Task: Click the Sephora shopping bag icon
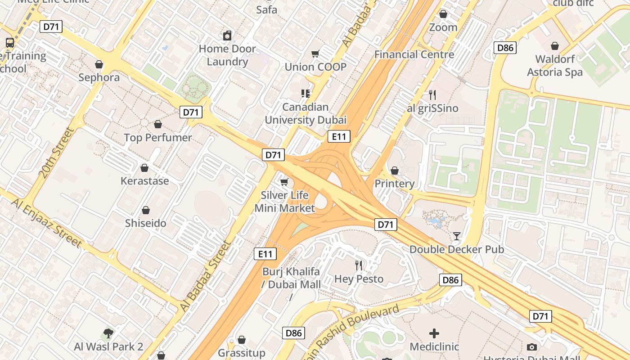click(99, 65)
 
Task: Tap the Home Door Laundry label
click(227, 55)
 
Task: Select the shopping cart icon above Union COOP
click(315, 54)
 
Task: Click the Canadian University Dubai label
click(306, 113)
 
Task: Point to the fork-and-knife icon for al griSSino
click(432, 95)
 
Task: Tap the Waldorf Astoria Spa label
click(554, 66)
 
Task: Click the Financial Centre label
click(414, 54)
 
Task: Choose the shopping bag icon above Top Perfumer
click(158, 124)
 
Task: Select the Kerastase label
click(144, 181)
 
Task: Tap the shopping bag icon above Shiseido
click(146, 210)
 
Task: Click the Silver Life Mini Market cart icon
click(284, 182)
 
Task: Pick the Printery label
click(394, 184)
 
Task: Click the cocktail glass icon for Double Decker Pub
click(457, 236)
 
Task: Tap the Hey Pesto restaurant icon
click(359, 265)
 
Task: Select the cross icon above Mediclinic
click(434, 333)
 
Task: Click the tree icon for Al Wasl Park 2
click(108, 333)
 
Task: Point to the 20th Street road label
click(56, 153)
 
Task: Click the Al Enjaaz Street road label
click(47, 223)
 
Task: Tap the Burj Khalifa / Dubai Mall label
click(291, 278)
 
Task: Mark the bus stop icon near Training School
click(10, 43)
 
